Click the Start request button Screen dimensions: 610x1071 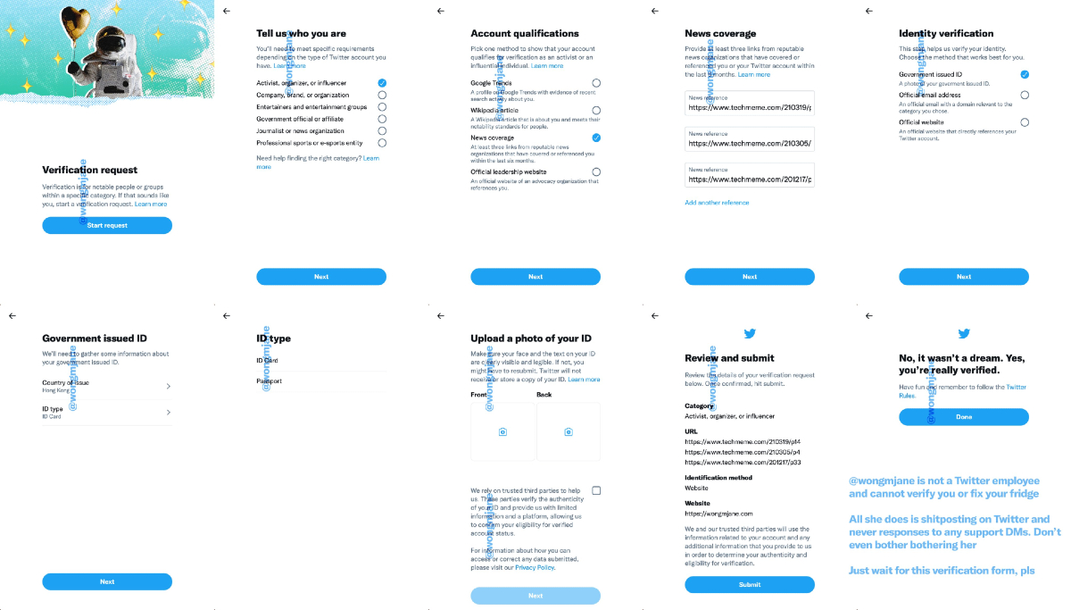(x=107, y=225)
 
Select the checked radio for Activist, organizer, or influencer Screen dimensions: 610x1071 (x=382, y=82)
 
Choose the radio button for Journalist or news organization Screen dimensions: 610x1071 (x=382, y=130)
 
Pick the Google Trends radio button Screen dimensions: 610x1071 (x=596, y=83)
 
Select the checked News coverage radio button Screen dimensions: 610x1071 (x=596, y=138)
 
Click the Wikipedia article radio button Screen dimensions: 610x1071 (x=596, y=111)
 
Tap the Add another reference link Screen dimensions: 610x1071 (x=717, y=203)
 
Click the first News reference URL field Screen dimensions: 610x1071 (x=750, y=106)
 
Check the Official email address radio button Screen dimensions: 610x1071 (x=1025, y=95)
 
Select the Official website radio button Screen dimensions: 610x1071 (x=1025, y=122)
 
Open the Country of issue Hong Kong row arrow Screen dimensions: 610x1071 (x=168, y=386)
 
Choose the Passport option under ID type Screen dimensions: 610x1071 (x=270, y=381)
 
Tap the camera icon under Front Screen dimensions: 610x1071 (x=503, y=431)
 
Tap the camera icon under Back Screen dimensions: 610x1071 (x=569, y=431)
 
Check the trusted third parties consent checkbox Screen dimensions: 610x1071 (x=596, y=490)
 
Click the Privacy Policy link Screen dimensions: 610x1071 (x=535, y=567)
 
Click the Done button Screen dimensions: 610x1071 (x=964, y=417)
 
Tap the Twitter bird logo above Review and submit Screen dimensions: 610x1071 (x=750, y=334)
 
